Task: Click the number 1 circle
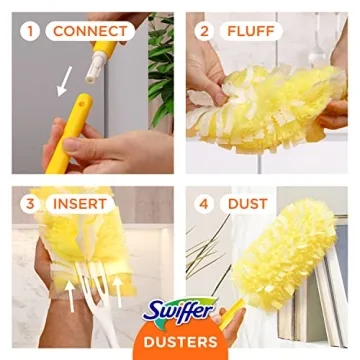[30, 31]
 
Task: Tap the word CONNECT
[91, 31]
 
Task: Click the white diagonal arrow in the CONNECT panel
[64, 80]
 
